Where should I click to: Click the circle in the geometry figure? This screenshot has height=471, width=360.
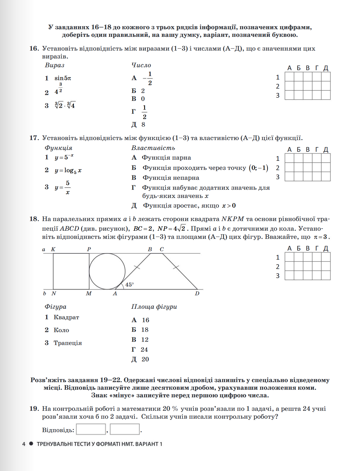(107, 271)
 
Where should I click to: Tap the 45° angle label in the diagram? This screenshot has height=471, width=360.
(129, 284)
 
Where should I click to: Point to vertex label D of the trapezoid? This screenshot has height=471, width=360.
(197, 294)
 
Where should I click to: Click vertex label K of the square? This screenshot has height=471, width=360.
(53, 249)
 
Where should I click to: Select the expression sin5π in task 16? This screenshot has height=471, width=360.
(63, 78)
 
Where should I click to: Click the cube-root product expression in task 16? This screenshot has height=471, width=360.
(65, 105)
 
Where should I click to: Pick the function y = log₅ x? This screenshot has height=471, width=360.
(68, 170)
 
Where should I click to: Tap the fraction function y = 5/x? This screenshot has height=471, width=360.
(63, 187)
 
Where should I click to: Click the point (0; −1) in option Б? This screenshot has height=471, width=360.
(259, 168)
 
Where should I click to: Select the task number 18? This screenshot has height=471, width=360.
(34, 219)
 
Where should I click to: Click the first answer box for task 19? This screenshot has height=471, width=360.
(91, 429)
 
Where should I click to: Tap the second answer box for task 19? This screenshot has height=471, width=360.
(125, 429)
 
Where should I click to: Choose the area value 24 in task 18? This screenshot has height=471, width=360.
(144, 350)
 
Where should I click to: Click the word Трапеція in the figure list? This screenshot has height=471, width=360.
(68, 343)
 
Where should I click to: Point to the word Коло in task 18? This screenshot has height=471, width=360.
(61, 330)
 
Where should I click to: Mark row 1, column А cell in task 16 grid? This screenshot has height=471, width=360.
(289, 77)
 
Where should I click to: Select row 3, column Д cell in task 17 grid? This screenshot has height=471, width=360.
(326, 177)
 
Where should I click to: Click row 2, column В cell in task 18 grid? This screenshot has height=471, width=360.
(308, 266)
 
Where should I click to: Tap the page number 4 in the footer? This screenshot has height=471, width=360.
(24, 444)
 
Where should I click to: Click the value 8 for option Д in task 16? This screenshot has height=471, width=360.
(143, 125)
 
